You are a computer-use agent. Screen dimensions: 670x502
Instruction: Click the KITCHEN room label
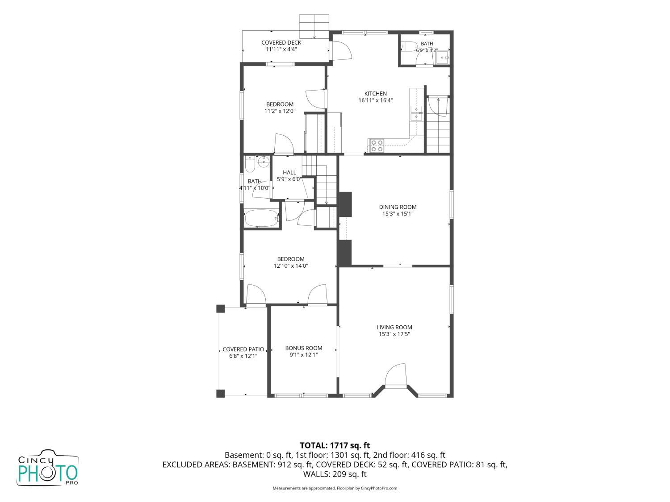click(x=375, y=94)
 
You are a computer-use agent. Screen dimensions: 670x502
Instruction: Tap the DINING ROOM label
click(x=398, y=207)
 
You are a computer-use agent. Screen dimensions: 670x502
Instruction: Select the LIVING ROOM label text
click(x=394, y=328)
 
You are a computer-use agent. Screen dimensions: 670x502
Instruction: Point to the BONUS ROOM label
click(x=303, y=348)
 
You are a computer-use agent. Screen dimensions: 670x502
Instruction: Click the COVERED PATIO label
click(x=243, y=349)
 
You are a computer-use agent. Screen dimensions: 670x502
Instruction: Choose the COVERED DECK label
click(x=281, y=43)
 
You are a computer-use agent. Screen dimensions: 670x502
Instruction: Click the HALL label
click(x=289, y=173)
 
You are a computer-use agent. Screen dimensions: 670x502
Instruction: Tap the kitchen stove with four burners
click(x=377, y=145)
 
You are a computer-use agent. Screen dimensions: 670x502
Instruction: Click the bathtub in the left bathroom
click(x=262, y=218)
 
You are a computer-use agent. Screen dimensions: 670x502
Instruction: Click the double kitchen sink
click(x=416, y=113)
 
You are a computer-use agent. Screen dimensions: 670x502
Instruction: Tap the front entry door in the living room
click(x=396, y=375)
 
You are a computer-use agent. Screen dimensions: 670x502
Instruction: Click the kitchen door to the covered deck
click(x=342, y=50)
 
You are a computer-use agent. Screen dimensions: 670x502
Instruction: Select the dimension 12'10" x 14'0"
click(x=291, y=266)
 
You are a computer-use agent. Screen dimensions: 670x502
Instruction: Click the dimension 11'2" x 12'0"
click(x=280, y=111)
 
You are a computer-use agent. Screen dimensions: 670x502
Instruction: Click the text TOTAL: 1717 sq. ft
click(x=335, y=446)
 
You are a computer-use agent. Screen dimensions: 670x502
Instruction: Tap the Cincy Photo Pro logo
click(x=48, y=468)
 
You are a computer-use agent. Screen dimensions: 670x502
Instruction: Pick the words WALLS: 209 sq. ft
click(x=335, y=474)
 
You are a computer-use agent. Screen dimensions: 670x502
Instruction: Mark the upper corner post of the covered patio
click(x=220, y=309)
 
